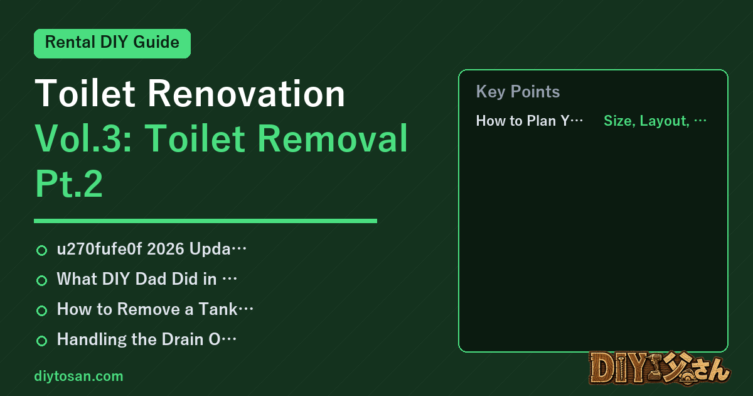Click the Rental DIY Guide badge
coord(112,43)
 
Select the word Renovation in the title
coord(247,93)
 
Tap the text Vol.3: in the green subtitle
coord(83,138)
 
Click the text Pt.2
coord(69,184)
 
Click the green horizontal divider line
coord(205,221)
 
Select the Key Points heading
coord(518,92)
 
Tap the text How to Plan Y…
coord(530,121)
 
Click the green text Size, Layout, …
coord(655,121)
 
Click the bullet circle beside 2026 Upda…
coord(41,250)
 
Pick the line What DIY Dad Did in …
coord(147,279)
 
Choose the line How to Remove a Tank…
coord(155,309)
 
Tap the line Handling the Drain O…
coord(147,339)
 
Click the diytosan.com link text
coord(78,376)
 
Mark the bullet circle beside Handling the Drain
coord(41,341)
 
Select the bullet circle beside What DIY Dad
coord(41,280)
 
